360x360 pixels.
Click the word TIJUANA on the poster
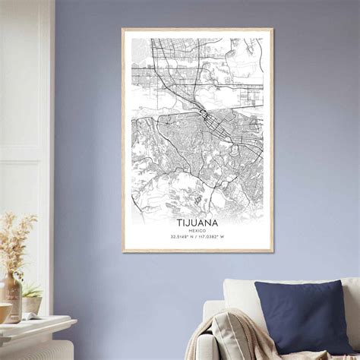197,223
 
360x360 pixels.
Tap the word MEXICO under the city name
197,231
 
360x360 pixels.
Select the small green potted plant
32,289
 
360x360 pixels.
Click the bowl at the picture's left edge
4,312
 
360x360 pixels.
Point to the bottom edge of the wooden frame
197,251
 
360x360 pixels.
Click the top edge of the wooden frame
197,30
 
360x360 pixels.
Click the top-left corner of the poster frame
123,30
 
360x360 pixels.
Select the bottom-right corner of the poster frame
272,251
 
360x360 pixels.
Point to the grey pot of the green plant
32,305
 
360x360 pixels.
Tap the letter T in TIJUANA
180,223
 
